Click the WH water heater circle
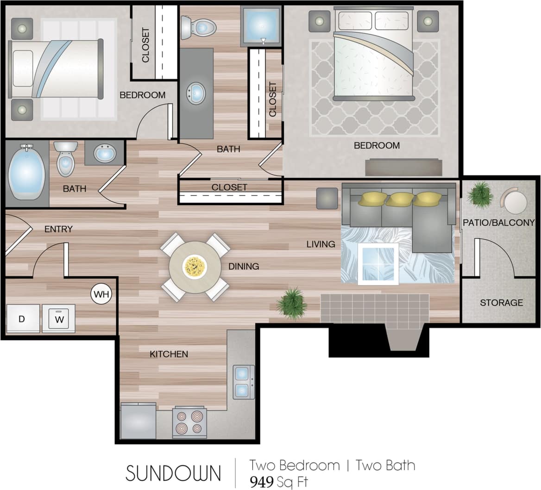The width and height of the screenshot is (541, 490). pos(101,294)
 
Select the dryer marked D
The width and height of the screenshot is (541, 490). pos(21,318)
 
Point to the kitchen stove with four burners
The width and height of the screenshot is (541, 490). pos(189,422)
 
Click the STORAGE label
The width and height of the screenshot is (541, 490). pos(501,303)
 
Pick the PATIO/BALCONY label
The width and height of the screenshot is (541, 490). pos(498,223)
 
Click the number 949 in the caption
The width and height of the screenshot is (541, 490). pos(262,482)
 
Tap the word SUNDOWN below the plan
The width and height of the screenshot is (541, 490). pos(173,473)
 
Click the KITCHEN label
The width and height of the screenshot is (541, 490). pos(169,354)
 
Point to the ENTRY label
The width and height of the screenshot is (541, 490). pos(58,229)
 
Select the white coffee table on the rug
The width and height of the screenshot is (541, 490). pos(378,263)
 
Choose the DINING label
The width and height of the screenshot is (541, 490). pos(244,266)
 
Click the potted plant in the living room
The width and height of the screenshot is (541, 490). pos(291,303)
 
